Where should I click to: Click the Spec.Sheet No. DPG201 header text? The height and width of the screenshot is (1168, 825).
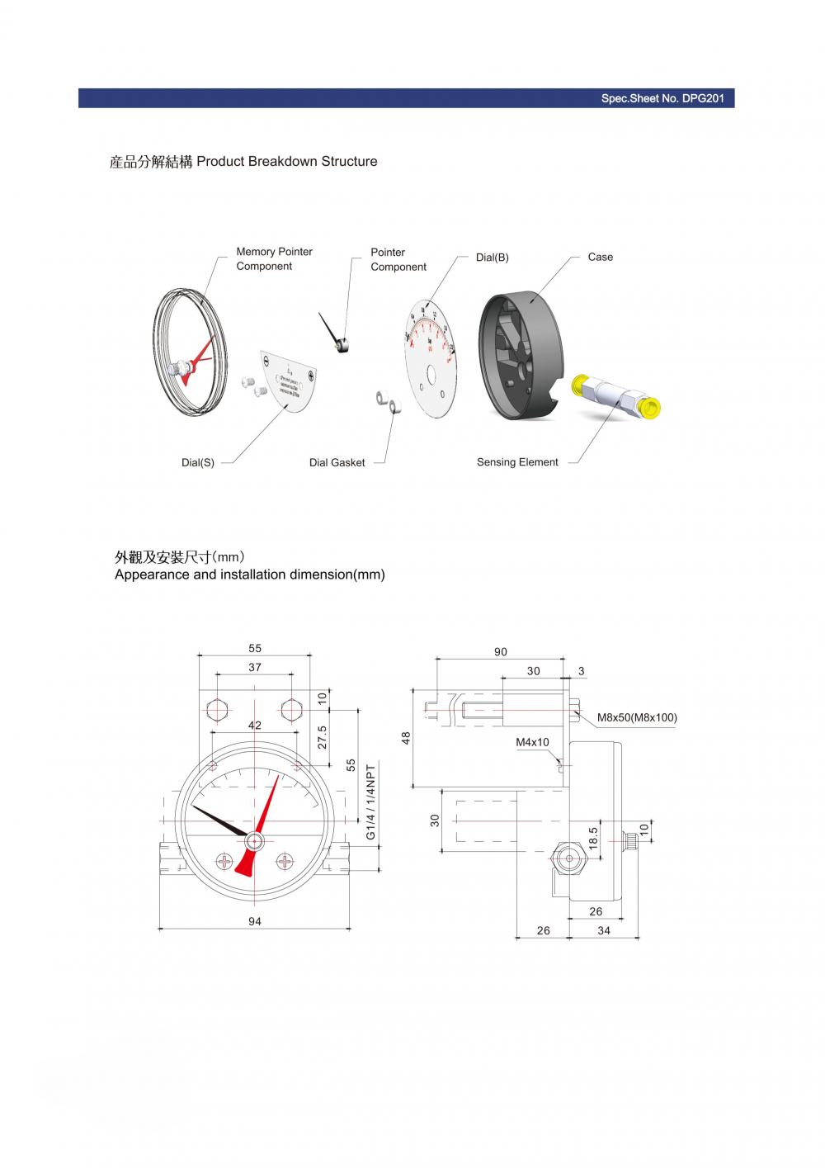(662, 98)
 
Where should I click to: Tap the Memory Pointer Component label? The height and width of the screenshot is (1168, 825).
(274, 258)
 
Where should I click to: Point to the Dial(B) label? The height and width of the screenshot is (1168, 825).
(492, 258)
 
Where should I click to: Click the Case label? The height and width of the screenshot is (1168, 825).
(600, 257)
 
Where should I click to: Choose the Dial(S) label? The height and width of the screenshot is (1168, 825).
(198, 462)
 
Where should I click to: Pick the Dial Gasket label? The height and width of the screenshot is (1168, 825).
(337, 462)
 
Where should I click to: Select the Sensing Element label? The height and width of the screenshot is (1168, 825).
(517, 462)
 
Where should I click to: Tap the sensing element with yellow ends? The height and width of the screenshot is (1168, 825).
(616, 397)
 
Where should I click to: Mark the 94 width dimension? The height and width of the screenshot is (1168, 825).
(255, 921)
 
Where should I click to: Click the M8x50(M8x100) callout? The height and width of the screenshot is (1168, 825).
(637, 717)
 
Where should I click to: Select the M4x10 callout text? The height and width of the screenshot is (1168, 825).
(532, 742)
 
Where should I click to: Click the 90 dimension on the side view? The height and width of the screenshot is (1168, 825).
(501, 652)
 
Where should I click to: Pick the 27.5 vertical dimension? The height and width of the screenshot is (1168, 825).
(322, 737)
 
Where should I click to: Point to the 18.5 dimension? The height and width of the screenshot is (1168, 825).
(593, 839)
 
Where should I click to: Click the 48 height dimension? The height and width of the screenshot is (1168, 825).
(406, 738)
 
